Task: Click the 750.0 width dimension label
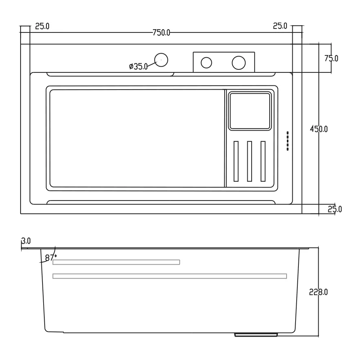tap(161, 33)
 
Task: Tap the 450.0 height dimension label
tap(319, 129)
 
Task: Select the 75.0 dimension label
tap(331, 58)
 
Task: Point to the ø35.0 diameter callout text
tap(138, 66)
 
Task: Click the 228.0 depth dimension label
tap(318, 292)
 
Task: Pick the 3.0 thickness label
tap(26, 241)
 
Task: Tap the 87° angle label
tap(51, 258)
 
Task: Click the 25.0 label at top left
tap(42, 26)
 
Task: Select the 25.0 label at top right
tap(280, 26)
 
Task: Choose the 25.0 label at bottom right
tap(335, 209)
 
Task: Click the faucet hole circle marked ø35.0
tap(161, 60)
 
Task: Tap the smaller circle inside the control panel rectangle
tap(206, 63)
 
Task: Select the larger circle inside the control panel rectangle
tap(239, 63)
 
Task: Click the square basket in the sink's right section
tap(250, 111)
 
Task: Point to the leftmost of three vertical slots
tap(236, 161)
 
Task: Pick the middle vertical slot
tap(249, 161)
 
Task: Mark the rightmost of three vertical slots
tap(263, 161)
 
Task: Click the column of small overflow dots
tap(287, 141)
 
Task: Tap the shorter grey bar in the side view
tap(116, 262)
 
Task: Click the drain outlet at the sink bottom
tap(256, 335)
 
